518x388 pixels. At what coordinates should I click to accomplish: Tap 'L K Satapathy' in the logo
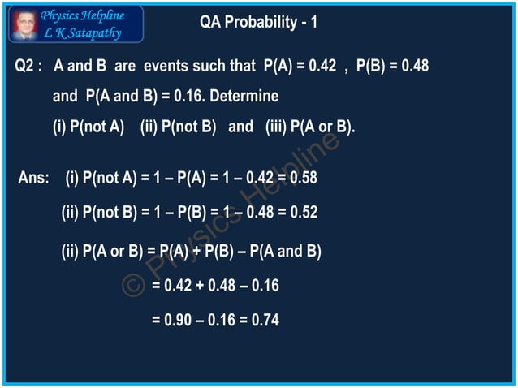coord(84,32)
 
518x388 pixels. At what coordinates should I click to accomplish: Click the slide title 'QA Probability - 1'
coord(258,22)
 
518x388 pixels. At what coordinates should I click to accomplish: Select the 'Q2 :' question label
coord(30,66)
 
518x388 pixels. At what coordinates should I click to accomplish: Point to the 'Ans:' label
coord(33,178)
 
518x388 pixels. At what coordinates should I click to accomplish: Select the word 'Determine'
coord(243,97)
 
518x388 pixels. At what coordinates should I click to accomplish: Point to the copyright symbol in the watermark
coord(134,284)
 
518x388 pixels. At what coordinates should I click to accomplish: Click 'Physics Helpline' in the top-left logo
coord(83,15)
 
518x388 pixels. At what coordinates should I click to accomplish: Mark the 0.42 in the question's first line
coord(319,66)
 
